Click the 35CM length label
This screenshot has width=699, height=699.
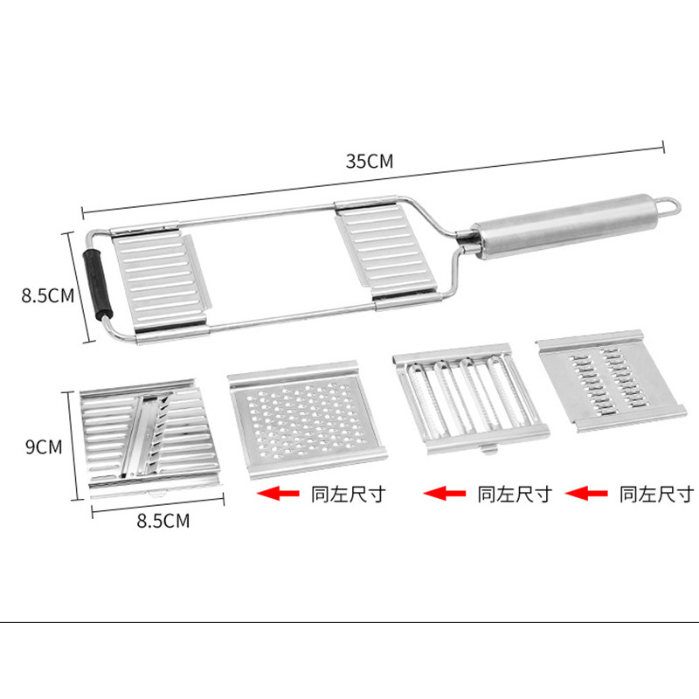tap(370, 161)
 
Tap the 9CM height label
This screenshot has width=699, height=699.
tap(44, 447)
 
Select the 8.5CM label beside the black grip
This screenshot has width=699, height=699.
tap(48, 295)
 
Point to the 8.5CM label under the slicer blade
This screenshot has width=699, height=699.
tap(163, 521)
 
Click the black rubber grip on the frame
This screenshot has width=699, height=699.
tap(97, 284)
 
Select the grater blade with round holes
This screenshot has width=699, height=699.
tap(306, 419)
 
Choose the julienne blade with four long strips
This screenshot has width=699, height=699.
tap(470, 398)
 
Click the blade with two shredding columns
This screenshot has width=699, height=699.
tap(611, 381)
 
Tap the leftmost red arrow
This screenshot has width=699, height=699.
tap(278, 494)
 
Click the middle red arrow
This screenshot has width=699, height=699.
tap(444, 494)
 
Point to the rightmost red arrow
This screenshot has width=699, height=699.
tap(586, 494)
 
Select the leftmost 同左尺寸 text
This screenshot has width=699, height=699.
tap(348, 495)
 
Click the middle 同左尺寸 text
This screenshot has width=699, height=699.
tap(515, 495)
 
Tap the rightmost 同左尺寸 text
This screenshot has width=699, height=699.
tap(656, 495)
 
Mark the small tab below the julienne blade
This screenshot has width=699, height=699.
tap(488, 447)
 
